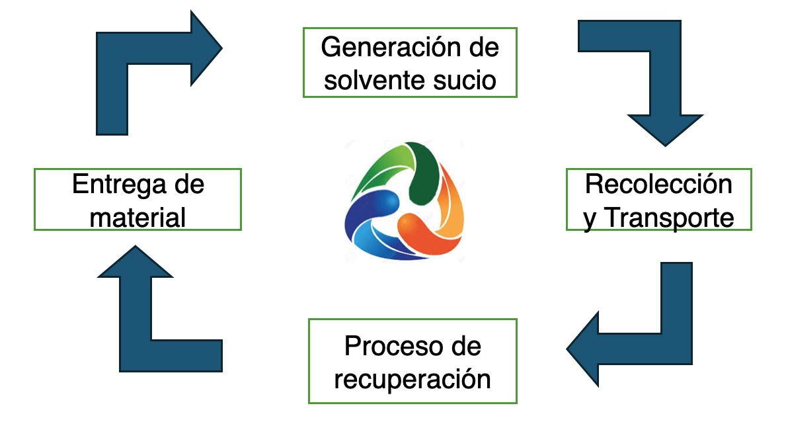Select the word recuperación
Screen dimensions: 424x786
coord(413,380)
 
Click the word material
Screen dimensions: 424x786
coord(138,217)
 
